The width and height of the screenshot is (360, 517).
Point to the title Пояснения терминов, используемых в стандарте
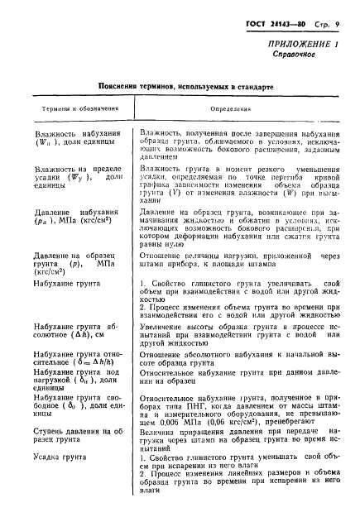pos(180,85)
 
